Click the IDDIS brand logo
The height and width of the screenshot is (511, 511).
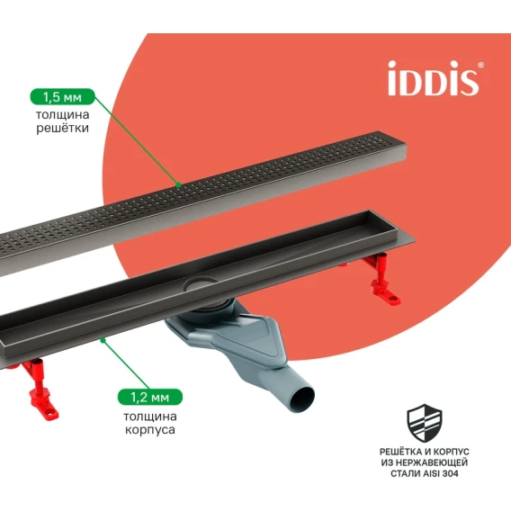coord(434,78)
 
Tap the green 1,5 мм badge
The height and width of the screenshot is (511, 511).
coord(63,97)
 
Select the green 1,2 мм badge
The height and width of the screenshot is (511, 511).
coord(150,397)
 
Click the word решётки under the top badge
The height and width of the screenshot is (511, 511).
coord(63,128)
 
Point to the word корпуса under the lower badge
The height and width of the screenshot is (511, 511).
coord(150,429)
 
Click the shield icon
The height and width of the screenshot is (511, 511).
coord(425,423)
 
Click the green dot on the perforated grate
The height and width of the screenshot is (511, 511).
coord(178,185)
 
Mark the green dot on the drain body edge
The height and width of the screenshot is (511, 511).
coord(103,340)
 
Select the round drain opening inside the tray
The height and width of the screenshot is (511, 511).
coord(200,284)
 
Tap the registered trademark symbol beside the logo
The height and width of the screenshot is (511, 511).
coord(480,65)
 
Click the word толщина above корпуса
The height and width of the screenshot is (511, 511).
coord(150,417)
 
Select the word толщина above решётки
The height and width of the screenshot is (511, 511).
coord(63,114)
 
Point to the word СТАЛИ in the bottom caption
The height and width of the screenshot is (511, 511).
coord(405,473)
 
